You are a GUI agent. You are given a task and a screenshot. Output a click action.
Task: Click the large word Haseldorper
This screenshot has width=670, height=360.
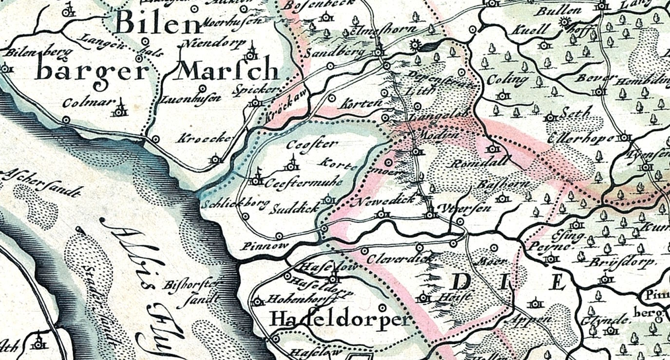[340, 320]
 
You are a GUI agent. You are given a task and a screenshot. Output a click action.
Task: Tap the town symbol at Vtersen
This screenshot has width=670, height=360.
[430, 213]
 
